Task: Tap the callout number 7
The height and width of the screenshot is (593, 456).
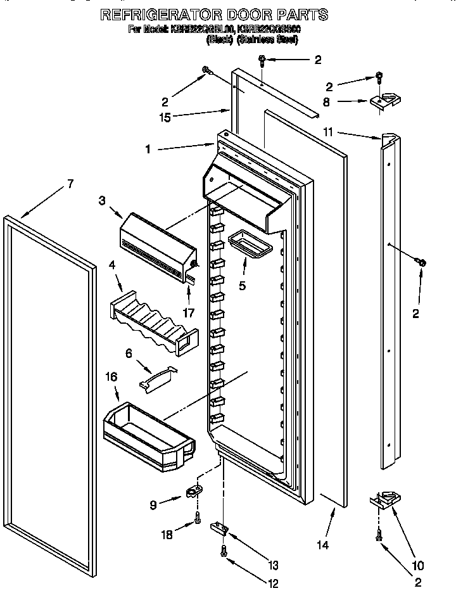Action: click(x=70, y=184)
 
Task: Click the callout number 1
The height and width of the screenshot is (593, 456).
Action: click(x=147, y=150)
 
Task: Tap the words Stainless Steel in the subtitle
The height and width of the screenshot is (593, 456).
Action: click(x=267, y=39)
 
